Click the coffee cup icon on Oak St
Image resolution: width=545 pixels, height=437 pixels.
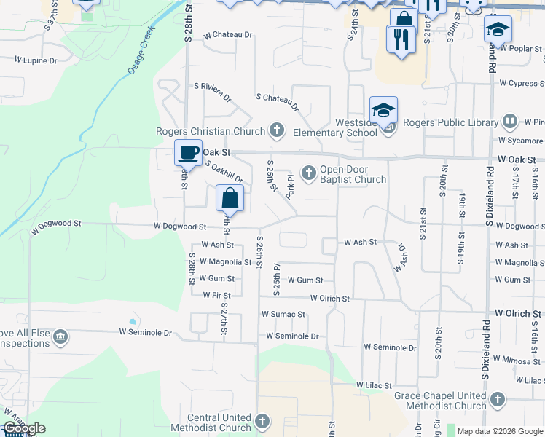[189, 153]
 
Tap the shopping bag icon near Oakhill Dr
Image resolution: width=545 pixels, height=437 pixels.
[230, 198]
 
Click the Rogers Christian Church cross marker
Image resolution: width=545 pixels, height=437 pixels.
[276, 131]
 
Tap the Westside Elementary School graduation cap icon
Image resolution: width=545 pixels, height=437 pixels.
[383, 111]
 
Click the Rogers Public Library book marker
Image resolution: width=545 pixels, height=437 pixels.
[510, 122]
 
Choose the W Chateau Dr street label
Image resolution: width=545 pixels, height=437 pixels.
[228, 34]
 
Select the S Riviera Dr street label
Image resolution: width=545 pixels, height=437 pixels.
[212, 91]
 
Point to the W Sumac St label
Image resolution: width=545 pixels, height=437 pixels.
[283, 314]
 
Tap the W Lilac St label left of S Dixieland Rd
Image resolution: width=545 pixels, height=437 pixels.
[374, 385]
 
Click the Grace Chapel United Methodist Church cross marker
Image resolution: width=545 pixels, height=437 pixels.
[497, 400]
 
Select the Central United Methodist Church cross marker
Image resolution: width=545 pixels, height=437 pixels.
[262, 422]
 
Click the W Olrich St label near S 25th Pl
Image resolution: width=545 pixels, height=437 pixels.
[329, 298]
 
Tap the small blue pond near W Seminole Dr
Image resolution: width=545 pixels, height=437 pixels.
[132, 321]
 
